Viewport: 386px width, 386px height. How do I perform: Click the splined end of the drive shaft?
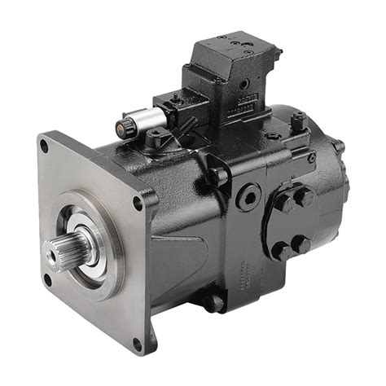(68, 248)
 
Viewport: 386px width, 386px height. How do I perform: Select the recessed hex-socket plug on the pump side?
(246, 196)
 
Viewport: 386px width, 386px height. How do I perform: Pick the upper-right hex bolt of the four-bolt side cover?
(306, 195)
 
